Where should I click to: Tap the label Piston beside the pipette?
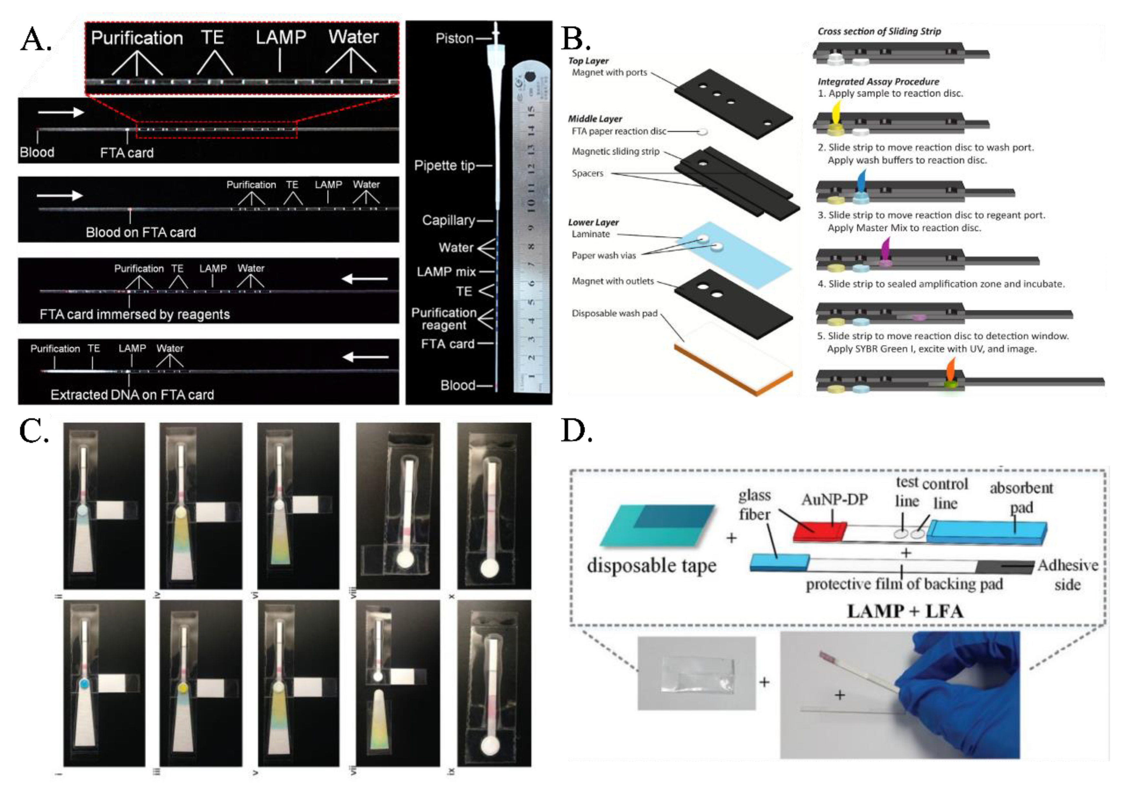(x=454, y=38)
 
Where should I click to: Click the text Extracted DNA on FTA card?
(x=132, y=395)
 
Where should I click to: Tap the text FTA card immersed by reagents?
(x=135, y=314)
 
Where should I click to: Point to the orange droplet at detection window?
(x=950, y=370)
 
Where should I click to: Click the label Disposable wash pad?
(x=614, y=314)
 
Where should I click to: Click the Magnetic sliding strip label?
(x=615, y=152)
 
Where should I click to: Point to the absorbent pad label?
(x=1021, y=497)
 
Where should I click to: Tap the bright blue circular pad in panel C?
(x=84, y=684)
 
